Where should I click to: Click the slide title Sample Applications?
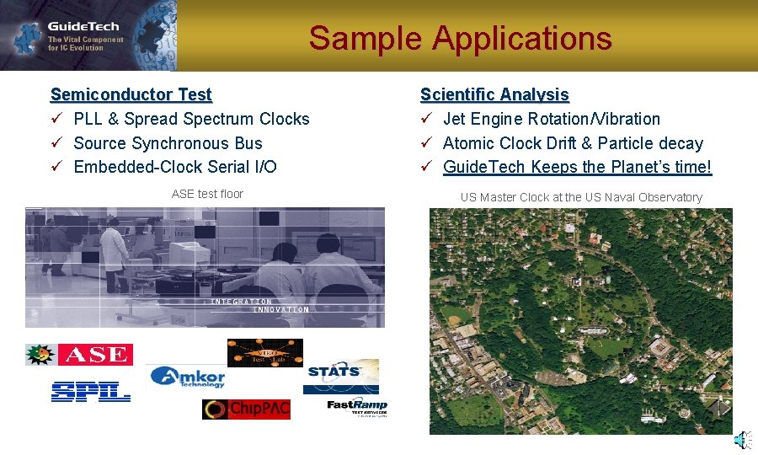[460, 39]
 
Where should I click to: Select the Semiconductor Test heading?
[131, 94]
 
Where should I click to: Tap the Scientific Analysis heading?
[494, 94]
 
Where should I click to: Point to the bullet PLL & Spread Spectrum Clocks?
[191, 119]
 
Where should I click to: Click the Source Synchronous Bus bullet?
[168, 143]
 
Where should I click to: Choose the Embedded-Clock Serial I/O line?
[175, 167]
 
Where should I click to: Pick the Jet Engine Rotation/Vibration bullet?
[551, 119]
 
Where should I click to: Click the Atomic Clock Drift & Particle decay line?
[572, 143]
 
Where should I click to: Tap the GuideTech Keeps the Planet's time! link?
[577, 167]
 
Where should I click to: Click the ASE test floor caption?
[207, 194]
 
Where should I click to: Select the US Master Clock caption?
[580, 197]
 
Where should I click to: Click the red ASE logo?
[94, 355]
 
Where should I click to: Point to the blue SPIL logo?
[90, 391]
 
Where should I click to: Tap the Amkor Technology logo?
[189, 377]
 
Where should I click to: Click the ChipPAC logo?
[246, 409]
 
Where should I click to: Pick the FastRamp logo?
[357, 407]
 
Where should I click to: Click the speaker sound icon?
[739, 440]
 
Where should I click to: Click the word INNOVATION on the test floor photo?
[280, 309]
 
